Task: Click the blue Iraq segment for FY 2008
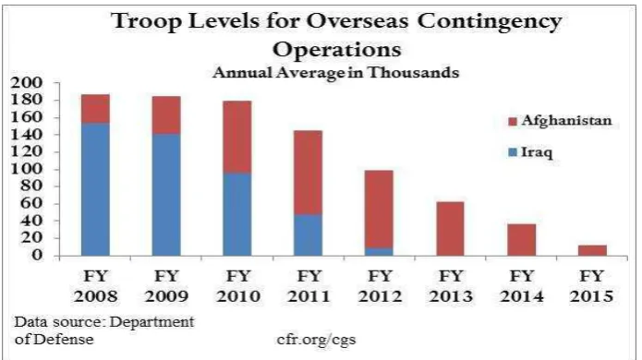pos(95,190)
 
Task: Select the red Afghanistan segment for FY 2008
pos(95,109)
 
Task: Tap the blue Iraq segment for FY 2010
pos(237,214)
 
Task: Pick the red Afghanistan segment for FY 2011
pos(308,173)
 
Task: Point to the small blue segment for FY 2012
pos(379,252)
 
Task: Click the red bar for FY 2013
pos(450,229)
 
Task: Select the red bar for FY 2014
pos(521,240)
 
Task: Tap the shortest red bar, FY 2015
pos(592,251)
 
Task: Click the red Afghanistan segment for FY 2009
pos(166,115)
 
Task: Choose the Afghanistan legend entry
pos(560,121)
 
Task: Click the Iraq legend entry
pos(530,152)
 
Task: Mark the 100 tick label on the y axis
pos(26,169)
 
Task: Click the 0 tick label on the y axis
pos(37,255)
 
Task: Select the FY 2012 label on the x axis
pos(380,286)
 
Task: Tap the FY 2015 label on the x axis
pos(591,286)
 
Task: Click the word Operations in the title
pos(336,50)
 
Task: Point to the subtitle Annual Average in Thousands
pos(335,72)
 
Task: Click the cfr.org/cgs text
pos(316,339)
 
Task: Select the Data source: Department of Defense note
pos(104,330)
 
